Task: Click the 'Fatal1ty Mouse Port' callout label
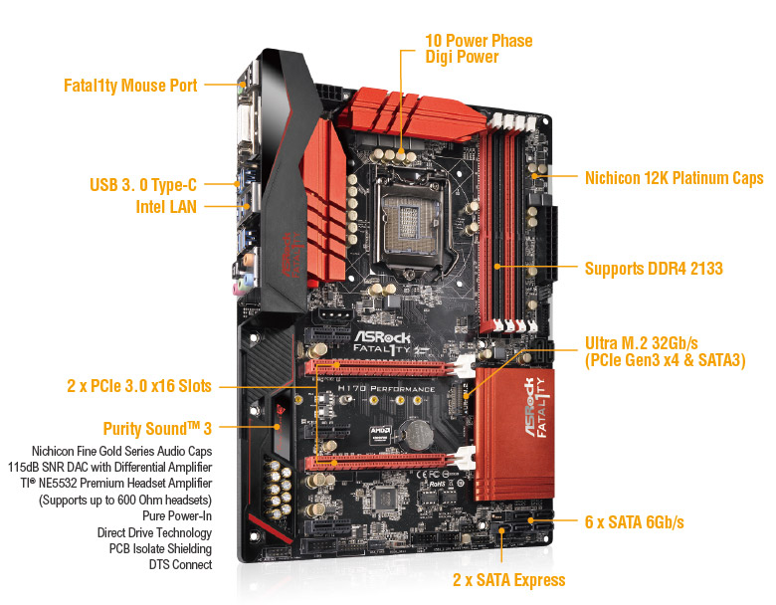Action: [x=130, y=86]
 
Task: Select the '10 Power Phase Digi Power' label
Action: [x=479, y=49]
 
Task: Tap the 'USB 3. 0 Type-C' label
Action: [x=143, y=185]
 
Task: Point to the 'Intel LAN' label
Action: [x=166, y=206]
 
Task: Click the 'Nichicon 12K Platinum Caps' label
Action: [x=675, y=178]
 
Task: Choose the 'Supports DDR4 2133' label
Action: [x=654, y=269]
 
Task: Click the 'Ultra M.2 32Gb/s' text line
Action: [x=642, y=343]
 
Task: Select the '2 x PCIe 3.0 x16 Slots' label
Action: [x=139, y=386]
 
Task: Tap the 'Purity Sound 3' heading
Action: [x=157, y=428]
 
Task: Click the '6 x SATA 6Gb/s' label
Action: [x=635, y=521]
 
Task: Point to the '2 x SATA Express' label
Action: [x=508, y=580]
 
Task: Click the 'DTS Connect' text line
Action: [x=180, y=564]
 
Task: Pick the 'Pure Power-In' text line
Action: [x=177, y=515]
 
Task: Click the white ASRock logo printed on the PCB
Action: [x=382, y=337]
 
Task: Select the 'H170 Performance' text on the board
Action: [x=386, y=389]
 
